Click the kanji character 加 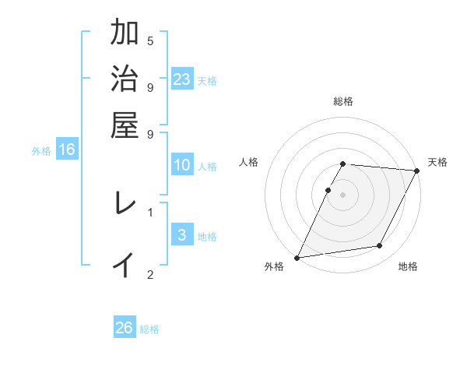coord(125,34)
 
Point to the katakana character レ coord(125,204)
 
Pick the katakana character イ coord(125,265)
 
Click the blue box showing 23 coord(182,79)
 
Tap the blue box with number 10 coord(182,165)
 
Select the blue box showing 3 coord(182,235)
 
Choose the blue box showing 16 coord(67,150)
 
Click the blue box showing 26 coord(125,328)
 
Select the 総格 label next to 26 coord(149,329)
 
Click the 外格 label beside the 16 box coord(41,151)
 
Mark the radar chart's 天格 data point coord(417,171)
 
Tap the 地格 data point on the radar coord(380,245)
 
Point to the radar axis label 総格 coord(343,101)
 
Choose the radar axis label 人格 coord(249,162)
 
